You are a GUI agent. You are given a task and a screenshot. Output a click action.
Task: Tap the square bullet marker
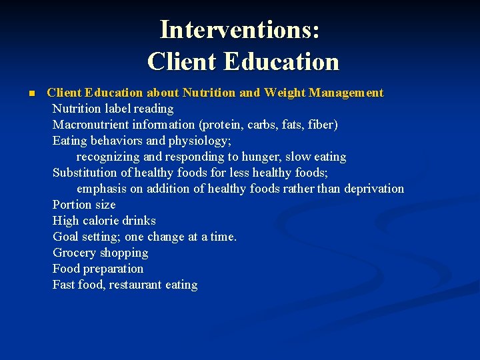point(31,93)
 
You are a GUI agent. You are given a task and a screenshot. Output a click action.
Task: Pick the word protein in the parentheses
point(228,125)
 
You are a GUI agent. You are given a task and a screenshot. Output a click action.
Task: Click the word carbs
point(266,125)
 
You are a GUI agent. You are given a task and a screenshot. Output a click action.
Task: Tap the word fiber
point(322,125)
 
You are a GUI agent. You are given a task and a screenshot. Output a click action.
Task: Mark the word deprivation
point(373,189)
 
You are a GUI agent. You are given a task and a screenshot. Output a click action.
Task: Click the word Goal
point(65,237)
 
